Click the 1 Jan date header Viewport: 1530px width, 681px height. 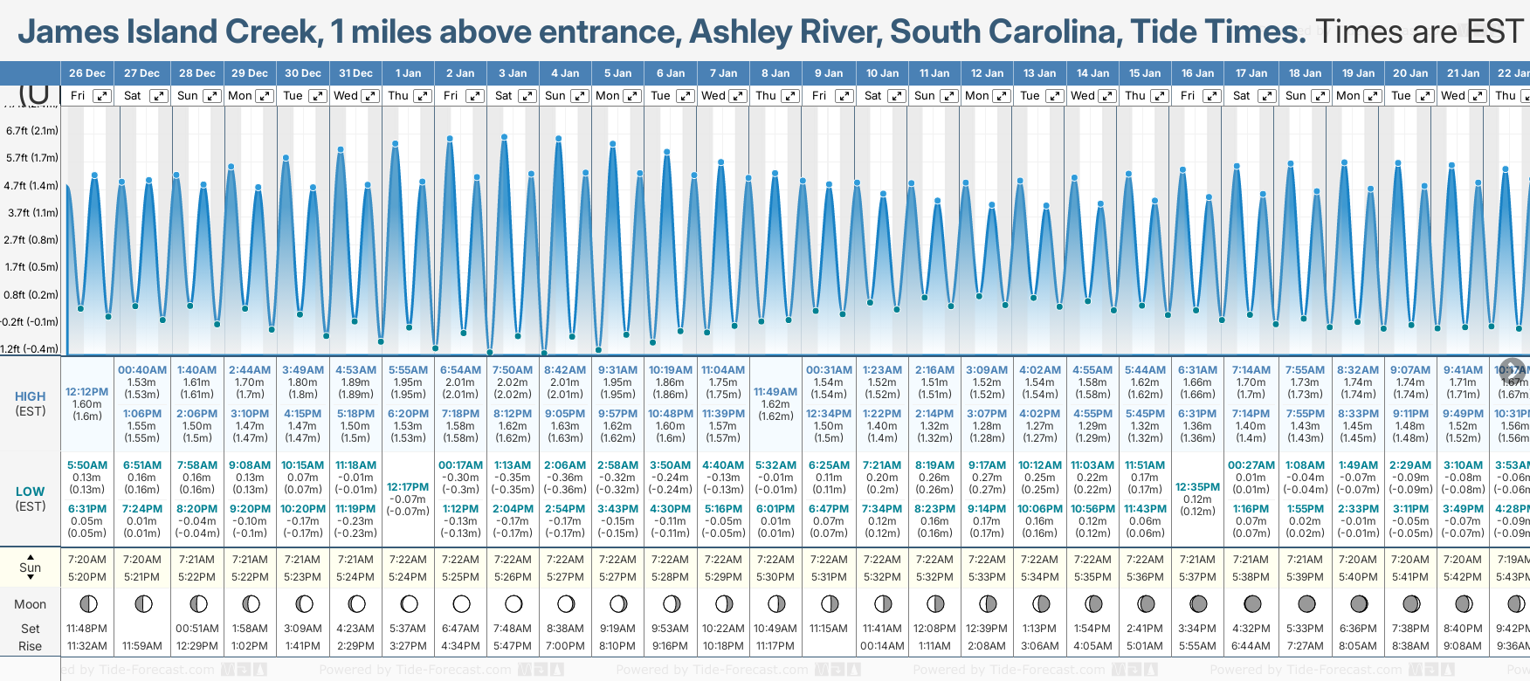(x=408, y=73)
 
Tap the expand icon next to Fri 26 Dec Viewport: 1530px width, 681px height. (x=103, y=96)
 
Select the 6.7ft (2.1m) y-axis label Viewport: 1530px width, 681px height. (x=31, y=131)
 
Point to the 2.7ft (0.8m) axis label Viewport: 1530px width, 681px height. (x=31, y=239)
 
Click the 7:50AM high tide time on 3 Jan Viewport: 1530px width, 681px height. (x=513, y=370)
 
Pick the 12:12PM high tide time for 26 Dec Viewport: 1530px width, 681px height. (x=87, y=392)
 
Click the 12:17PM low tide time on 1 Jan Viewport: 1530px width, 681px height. (x=408, y=487)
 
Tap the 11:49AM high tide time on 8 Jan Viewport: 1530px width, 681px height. (x=775, y=392)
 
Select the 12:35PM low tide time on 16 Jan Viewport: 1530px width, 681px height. (x=1197, y=487)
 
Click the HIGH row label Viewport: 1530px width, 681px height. (x=31, y=396)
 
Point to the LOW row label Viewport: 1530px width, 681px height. (x=31, y=492)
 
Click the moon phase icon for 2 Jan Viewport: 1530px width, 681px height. (x=461, y=603)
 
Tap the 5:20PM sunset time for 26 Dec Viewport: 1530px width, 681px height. (x=87, y=577)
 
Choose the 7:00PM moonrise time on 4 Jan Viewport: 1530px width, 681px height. (x=565, y=646)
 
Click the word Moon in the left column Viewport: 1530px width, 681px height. (x=31, y=604)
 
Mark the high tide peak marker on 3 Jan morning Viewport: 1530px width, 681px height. (x=505, y=137)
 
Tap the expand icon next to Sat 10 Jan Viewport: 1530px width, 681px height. (x=896, y=96)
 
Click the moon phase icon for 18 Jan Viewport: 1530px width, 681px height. (x=1306, y=603)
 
